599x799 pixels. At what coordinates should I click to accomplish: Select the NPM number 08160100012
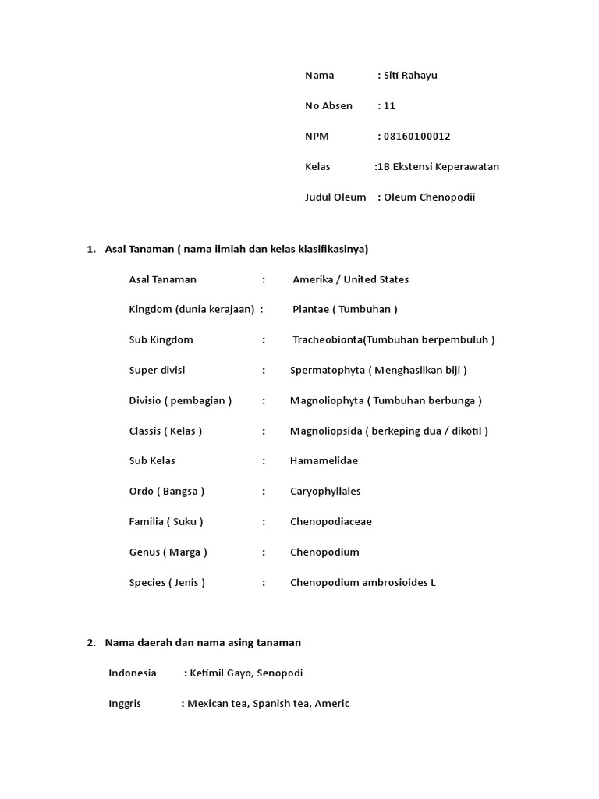(417, 137)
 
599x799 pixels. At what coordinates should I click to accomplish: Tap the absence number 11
(390, 106)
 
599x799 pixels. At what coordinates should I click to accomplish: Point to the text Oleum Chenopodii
(429, 197)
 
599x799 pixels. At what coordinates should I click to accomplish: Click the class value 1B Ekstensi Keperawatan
(438, 167)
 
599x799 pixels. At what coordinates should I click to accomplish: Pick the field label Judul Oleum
(335, 197)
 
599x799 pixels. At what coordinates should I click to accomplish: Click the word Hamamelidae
(324, 461)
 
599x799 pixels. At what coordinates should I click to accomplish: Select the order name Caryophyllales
(325, 492)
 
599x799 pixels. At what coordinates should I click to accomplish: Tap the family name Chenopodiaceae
(331, 522)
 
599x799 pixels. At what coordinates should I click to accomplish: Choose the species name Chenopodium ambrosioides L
(363, 583)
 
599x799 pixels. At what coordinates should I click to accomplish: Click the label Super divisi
(157, 370)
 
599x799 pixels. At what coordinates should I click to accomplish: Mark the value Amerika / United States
(350, 280)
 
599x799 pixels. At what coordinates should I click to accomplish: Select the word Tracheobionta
(328, 340)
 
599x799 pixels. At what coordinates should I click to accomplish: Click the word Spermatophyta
(327, 370)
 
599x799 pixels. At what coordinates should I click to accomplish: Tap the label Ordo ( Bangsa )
(167, 492)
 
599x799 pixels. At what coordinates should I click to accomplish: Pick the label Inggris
(125, 704)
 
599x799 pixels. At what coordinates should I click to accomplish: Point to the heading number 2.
(90, 643)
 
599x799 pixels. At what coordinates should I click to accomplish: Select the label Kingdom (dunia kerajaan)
(192, 310)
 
